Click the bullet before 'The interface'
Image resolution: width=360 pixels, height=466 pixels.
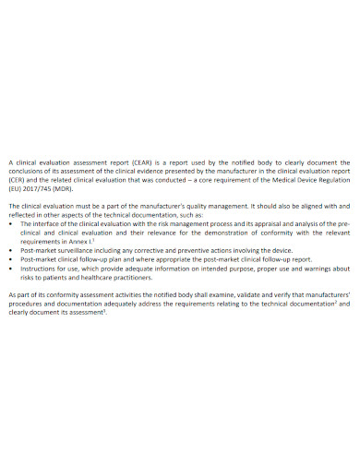pos(10,223)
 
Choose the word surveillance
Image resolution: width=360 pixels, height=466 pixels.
pos(81,250)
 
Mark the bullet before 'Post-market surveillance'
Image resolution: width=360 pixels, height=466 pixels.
pos(10,250)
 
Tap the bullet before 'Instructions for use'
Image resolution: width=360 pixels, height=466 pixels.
pos(10,268)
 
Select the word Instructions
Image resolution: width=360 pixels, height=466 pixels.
pos(38,268)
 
